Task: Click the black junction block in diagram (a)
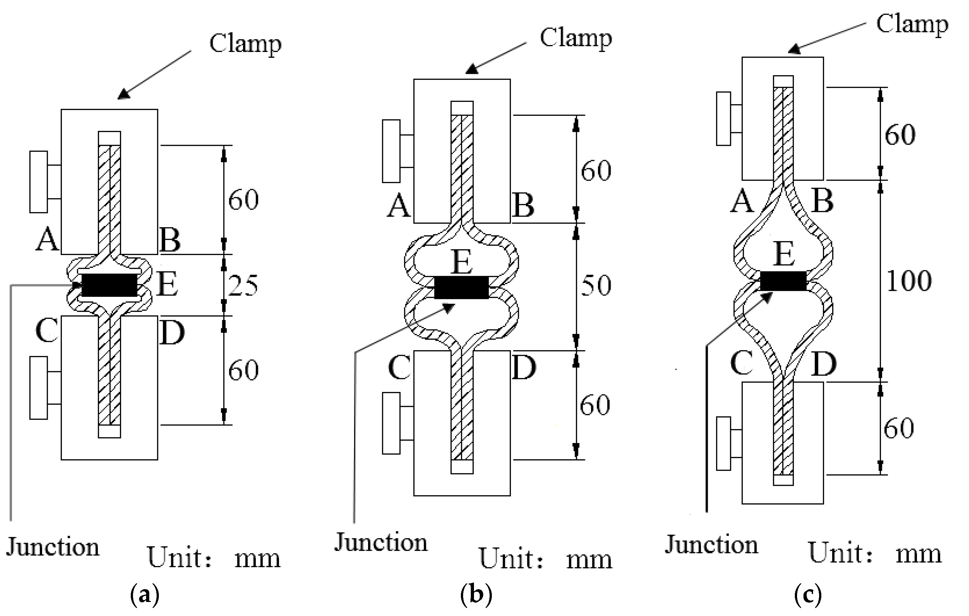109,285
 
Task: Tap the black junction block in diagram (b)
461,287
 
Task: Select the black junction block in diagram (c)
783,281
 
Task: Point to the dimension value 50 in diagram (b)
596,285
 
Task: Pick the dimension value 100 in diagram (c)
909,281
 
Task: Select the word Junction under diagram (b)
381,542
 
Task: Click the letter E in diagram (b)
461,262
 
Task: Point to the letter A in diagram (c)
742,201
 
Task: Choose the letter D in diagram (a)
172,333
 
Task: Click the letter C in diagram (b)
400,367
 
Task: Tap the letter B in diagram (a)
170,240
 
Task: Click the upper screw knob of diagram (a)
39,182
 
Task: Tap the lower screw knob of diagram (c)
723,444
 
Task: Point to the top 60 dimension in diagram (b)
596,170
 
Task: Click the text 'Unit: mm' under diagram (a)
213,558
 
